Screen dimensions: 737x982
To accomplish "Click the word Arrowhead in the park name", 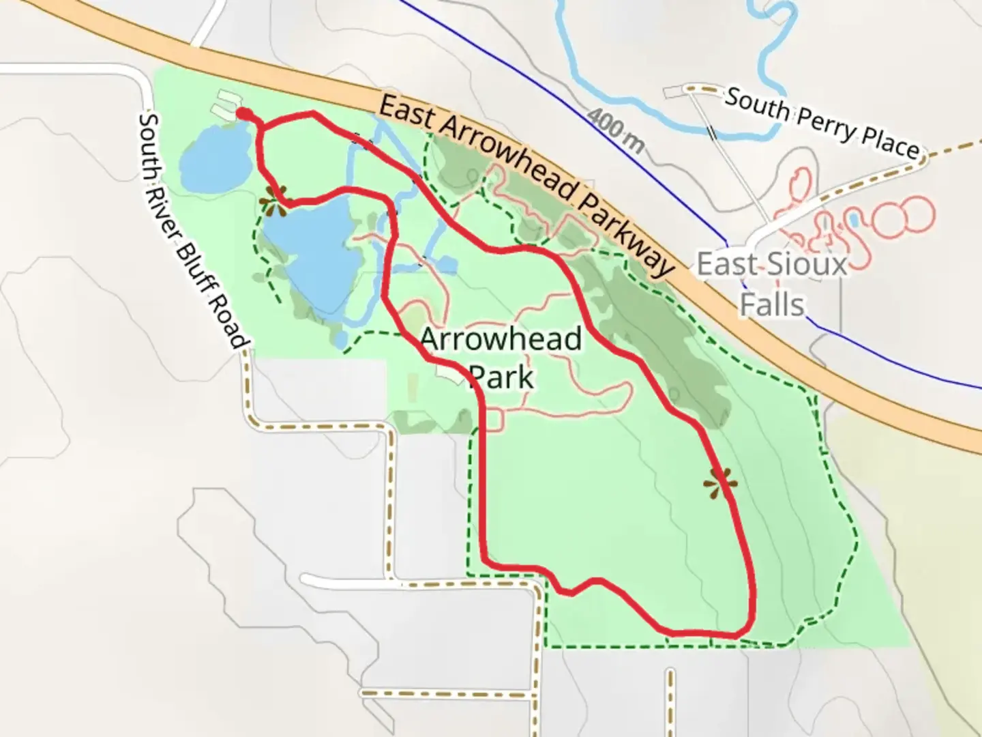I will tap(501, 339).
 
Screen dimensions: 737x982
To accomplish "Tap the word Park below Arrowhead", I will tap(503, 377).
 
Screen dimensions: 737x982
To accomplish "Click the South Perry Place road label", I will tap(821, 123).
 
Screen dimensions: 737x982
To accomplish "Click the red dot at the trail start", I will tap(242, 113).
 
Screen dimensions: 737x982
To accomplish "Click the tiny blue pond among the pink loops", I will tap(853, 220).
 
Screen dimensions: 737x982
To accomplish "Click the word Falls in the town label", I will tap(772, 304).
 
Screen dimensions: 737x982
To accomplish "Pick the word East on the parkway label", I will tap(406, 113).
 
